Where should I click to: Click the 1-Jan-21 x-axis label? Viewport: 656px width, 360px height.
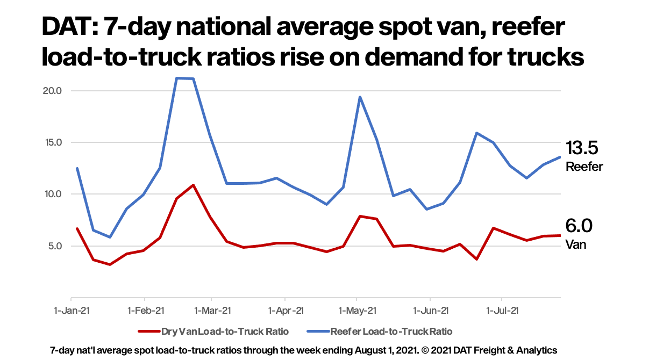(x=72, y=311)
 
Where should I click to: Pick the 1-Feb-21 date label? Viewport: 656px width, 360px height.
(x=144, y=311)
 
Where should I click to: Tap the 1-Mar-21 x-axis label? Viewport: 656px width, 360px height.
(x=212, y=311)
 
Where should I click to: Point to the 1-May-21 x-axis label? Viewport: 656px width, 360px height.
(x=356, y=311)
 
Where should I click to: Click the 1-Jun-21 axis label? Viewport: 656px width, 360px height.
(x=430, y=311)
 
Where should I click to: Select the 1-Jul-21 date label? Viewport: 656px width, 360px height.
(x=502, y=311)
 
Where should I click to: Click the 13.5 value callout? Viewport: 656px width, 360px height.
(x=581, y=148)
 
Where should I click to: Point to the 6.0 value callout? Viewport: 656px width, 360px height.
(x=579, y=226)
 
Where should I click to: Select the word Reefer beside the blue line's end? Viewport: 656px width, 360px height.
(x=584, y=167)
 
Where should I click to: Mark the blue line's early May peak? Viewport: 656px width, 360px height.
(x=359, y=97)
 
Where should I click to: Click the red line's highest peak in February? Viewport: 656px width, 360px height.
(x=193, y=185)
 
